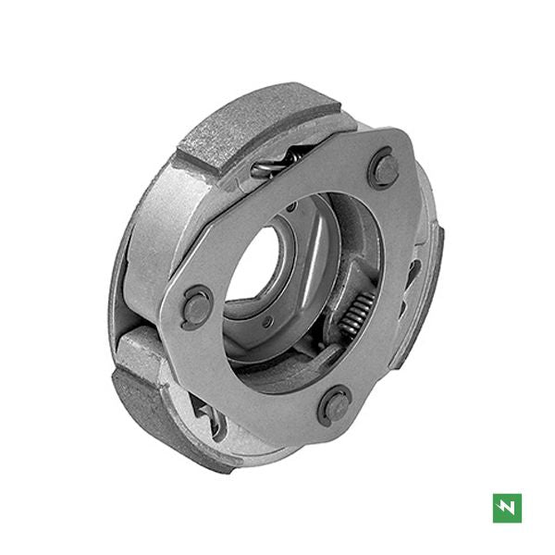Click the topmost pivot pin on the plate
(x=383, y=169)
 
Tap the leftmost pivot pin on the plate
(x=197, y=305)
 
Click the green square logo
(x=507, y=508)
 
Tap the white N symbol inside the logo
(x=507, y=508)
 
